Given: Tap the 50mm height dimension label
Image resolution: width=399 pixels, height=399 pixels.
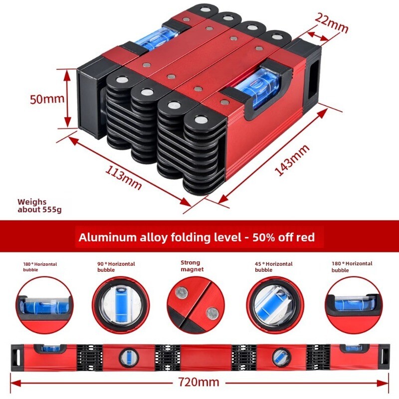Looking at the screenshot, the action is [47, 99].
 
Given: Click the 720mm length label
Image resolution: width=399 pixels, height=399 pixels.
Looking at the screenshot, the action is [198, 383].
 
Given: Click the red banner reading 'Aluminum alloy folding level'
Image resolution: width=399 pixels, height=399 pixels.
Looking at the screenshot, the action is [197, 237].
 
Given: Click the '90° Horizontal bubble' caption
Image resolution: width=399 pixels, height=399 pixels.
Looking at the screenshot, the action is [116, 267].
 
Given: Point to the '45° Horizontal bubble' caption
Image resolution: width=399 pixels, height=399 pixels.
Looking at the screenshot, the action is [273, 267].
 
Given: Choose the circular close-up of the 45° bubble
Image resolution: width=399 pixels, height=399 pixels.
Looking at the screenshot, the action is [273, 303].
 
